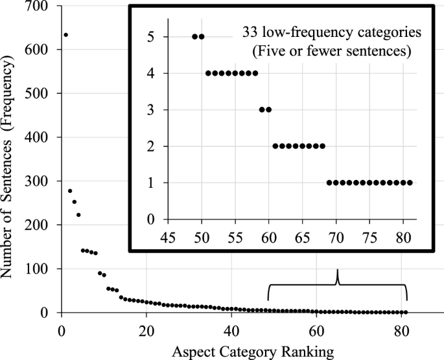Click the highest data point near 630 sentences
pos(65,35)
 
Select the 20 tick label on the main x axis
pos(146,328)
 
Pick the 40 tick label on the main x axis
pos(232,328)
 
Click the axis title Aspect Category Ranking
pos(253,351)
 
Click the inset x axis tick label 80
pos(403,234)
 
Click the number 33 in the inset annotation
pos(249,32)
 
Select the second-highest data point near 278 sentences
pos(70,191)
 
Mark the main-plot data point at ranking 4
pos(78,215)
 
